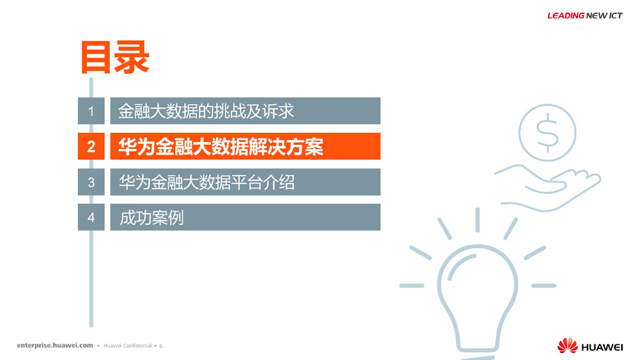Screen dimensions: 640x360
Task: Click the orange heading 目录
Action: (x=115, y=57)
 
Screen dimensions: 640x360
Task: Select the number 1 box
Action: (x=91, y=110)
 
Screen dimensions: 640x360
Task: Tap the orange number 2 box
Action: (x=91, y=146)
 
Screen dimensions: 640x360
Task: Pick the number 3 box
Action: (x=91, y=181)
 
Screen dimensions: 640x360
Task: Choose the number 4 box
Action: (x=91, y=217)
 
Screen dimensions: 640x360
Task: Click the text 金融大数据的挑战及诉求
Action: (x=206, y=111)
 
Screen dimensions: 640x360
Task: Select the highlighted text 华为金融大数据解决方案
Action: (x=221, y=146)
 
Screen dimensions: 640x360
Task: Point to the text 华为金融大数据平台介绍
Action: (x=207, y=182)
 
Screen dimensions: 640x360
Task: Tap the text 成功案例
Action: (x=151, y=217)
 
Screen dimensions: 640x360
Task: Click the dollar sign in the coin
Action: (x=547, y=133)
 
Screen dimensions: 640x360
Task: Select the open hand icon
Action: (x=548, y=188)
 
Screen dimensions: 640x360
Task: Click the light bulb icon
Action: (x=478, y=298)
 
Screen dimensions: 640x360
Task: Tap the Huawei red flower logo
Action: (x=568, y=345)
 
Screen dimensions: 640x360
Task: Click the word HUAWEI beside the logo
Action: (x=602, y=347)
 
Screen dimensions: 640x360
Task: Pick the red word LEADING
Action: (x=565, y=15)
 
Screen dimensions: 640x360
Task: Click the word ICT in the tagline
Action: (x=615, y=15)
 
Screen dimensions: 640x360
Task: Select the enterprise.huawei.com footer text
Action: (x=55, y=345)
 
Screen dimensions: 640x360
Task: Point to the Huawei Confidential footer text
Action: (x=128, y=346)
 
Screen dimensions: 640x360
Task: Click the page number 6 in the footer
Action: (x=161, y=346)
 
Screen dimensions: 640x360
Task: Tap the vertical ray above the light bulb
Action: (x=478, y=220)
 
